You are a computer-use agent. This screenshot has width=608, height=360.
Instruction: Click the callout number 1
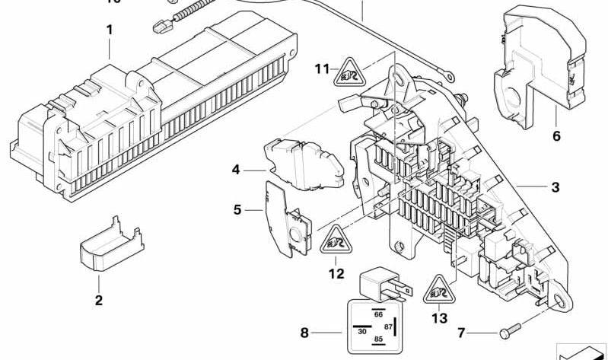pyautogui.click(x=110, y=30)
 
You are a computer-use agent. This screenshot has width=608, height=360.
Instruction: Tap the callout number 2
pyautogui.click(x=98, y=300)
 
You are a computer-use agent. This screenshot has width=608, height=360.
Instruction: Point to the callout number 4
pyautogui.click(x=237, y=170)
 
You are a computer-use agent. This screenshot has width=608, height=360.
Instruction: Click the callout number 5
pyautogui.click(x=237, y=209)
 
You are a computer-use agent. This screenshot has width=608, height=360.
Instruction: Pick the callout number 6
pyautogui.click(x=555, y=137)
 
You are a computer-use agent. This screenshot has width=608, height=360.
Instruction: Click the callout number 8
pyautogui.click(x=305, y=333)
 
